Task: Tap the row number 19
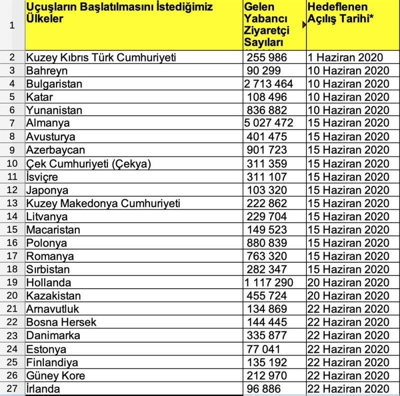pyautogui.click(x=12, y=283)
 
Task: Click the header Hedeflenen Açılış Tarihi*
pyautogui.click(x=345, y=14)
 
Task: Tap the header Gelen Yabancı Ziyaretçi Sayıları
pyautogui.click(x=265, y=25)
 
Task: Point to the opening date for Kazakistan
pyautogui.click(x=348, y=296)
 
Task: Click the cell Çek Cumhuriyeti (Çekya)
pyautogui.click(x=88, y=163)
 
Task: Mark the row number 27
pyautogui.click(x=12, y=389)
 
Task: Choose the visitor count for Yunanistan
pyautogui.click(x=267, y=110)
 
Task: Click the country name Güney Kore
pyautogui.click(x=55, y=376)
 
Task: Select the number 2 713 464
pyautogui.click(x=268, y=83)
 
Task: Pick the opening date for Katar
pyautogui.click(x=348, y=97)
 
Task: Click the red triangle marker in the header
pyautogui.click(x=304, y=23)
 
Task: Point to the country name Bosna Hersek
pyautogui.click(x=61, y=323)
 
